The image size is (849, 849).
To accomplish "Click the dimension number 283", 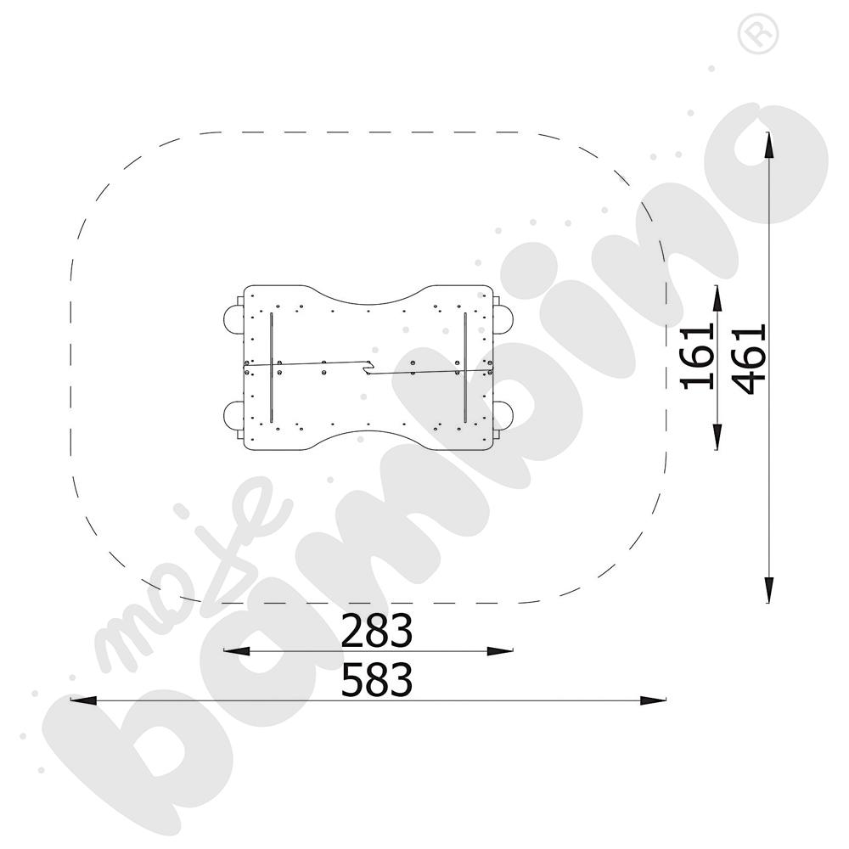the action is pyautogui.click(x=376, y=630).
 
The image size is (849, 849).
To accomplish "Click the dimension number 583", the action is pyautogui.click(x=376, y=679).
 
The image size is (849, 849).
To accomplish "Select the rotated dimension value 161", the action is pyautogui.click(x=697, y=357).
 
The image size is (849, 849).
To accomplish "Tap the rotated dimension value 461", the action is pyautogui.click(x=750, y=358).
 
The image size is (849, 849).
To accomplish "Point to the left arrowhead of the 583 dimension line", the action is pyautogui.click(x=83, y=700).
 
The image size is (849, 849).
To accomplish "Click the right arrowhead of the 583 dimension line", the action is pyautogui.click(x=653, y=700).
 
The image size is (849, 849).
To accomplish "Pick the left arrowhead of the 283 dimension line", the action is pyautogui.click(x=237, y=651).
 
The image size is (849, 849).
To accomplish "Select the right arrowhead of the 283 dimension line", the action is pyautogui.click(x=500, y=651).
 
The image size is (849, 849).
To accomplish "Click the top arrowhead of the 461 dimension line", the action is pyautogui.click(x=768, y=145).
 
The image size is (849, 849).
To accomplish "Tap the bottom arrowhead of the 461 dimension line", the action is pyautogui.click(x=768, y=589).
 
